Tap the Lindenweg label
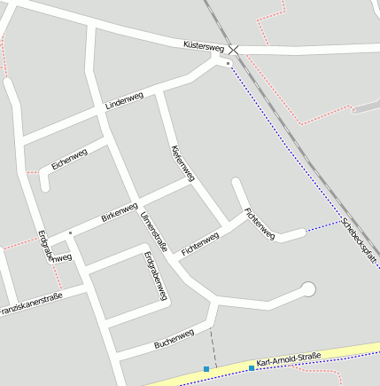coord(123,101)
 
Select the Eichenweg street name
coord(69,159)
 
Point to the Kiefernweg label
coord(181,164)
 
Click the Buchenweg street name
coord(174,338)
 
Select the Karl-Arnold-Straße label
coord(288,359)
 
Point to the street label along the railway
coord(360,244)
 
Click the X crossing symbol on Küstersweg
coord(233,50)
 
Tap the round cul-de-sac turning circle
coord(308,288)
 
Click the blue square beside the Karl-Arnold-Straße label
coord(252,367)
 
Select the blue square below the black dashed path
coord(206,368)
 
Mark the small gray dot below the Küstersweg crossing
coord(228,64)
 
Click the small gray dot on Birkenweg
coord(70,232)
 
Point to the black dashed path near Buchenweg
coord(212,343)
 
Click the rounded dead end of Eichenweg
coord(44,187)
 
